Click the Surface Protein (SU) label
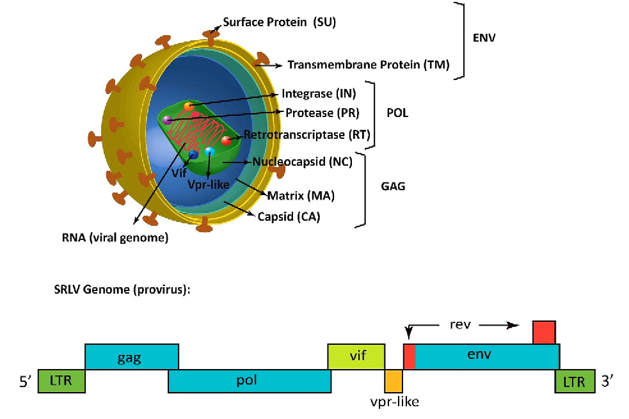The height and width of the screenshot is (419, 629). point(279,22)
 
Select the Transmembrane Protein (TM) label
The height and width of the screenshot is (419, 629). point(369,65)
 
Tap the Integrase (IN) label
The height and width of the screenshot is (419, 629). point(319,94)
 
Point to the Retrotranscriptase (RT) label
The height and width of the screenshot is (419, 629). point(307,135)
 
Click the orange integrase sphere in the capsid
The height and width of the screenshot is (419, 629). point(188,107)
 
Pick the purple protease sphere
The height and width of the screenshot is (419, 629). point(167,120)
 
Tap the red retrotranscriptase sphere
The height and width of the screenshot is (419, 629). point(226,140)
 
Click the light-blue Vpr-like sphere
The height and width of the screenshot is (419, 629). point(209,152)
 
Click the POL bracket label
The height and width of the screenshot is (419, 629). point(397,113)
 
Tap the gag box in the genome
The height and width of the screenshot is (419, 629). point(132,356)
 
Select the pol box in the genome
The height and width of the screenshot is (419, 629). point(250,381)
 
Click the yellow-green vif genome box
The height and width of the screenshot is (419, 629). point(357,356)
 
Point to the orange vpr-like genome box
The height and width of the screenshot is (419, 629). point(394,381)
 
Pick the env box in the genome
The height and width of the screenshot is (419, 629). point(486,356)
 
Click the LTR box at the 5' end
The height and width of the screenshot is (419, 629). point(61,381)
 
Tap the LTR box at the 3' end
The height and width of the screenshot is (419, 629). point(574,381)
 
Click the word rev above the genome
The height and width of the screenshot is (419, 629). point(460,324)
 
